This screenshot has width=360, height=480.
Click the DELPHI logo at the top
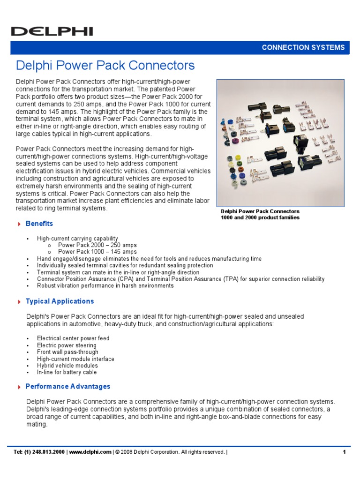(52, 31)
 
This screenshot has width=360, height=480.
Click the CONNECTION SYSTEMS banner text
(303, 47)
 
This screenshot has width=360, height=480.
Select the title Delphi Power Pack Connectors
(105, 65)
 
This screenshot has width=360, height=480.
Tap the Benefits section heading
(39, 224)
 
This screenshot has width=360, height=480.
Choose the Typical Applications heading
(60, 301)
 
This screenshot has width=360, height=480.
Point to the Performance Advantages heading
(68, 387)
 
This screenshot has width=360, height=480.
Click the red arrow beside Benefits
(19, 224)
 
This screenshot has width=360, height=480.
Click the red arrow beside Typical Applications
(19, 302)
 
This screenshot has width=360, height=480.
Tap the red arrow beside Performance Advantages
(19, 387)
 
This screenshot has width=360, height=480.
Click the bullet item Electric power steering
(67, 345)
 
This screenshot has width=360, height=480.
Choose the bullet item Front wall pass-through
(67, 352)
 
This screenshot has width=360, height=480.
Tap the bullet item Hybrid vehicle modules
(67, 366)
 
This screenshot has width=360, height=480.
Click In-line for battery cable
(67, 372)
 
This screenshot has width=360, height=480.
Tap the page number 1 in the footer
(344, 452)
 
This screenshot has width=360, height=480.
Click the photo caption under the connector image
(260, 214)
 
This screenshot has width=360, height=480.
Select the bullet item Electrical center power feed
(73, 338)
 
